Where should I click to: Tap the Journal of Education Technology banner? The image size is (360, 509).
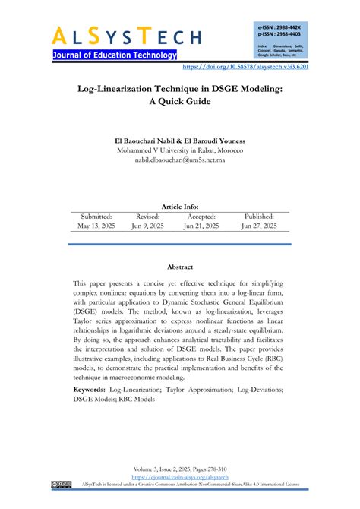[115, 55]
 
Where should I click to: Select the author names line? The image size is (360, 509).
[179, 141]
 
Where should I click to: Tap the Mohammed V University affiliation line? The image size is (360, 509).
[179, 150]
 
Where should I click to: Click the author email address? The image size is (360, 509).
[179, 160]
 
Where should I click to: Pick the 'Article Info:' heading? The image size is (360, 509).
[179, 206]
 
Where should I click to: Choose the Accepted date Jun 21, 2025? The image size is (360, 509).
[201, 226]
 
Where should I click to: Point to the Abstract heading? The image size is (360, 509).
[179, 267]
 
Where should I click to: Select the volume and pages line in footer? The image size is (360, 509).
[180, 471]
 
